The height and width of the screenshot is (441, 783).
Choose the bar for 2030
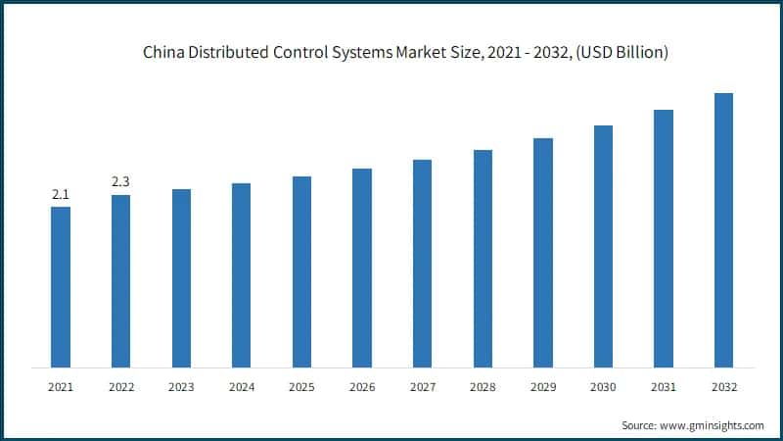pos(603,246)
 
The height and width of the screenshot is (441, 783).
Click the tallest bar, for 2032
pos(723,230)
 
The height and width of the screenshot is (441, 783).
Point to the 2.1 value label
pos(61,194)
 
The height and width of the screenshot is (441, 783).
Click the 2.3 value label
pos(120,182)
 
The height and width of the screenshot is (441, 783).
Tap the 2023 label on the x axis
pos(181,388)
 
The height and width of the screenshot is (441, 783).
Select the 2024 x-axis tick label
pos(241,388)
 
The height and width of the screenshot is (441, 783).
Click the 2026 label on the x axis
pos(362,388)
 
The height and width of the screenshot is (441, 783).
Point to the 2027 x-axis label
pos(422,388)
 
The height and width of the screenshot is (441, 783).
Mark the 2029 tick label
pos(542,388)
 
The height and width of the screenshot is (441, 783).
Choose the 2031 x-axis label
pos(664,388)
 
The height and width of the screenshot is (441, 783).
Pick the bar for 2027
pos(422,264)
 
